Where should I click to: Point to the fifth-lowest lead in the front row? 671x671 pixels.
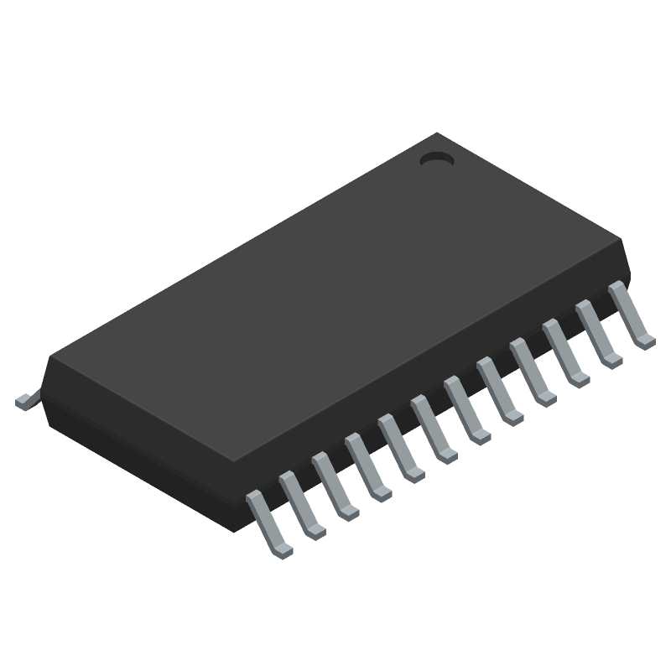(400, 446)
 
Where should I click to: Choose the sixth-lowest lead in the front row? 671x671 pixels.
(433, 427)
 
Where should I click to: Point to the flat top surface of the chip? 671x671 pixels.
(335, 294)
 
